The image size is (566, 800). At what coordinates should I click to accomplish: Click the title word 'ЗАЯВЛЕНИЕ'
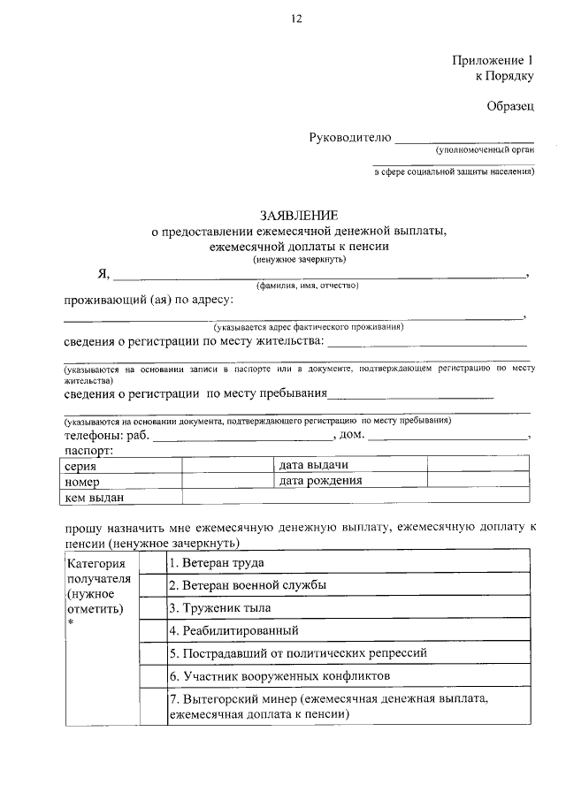pyautogui.click(x=298, y=216)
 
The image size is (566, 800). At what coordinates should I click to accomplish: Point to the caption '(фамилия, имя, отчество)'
pyautogui.click(x=307, y=286)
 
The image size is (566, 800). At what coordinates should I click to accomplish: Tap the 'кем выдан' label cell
pyautogui.click(x=94, y=498)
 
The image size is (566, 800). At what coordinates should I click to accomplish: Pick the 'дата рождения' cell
pyautogui.click(x=320, y=481)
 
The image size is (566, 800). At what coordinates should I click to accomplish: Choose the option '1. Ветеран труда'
pyautogui.click(x=217, y=562)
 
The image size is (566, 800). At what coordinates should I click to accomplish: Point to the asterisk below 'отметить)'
pyautogui.click(x=69, y=625)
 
